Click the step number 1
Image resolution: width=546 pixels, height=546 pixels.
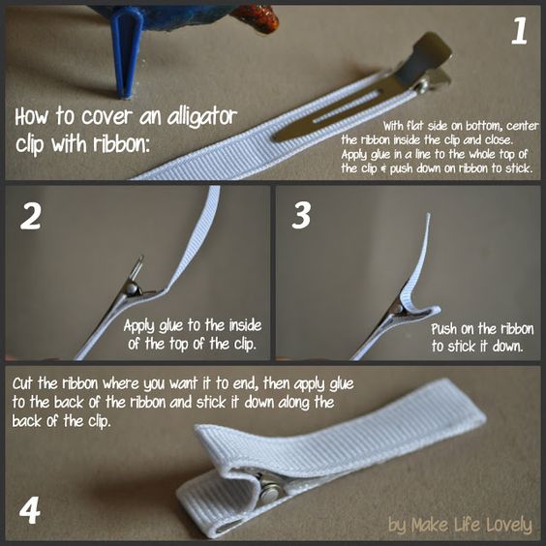click(x=519, y=31)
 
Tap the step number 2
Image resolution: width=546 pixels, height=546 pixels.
click(x=31, y=216)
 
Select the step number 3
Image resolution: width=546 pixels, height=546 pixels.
click(x=301, y=216)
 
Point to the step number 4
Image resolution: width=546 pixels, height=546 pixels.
click(x=30, y=510)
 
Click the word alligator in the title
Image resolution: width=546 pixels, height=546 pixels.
click(x=202, y=116)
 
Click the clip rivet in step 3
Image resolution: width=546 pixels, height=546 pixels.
click(x=396, y=307)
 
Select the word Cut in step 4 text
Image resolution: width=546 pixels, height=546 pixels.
click(x=23, y=383)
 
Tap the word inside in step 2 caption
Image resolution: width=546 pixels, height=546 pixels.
click(x=245, y=325)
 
